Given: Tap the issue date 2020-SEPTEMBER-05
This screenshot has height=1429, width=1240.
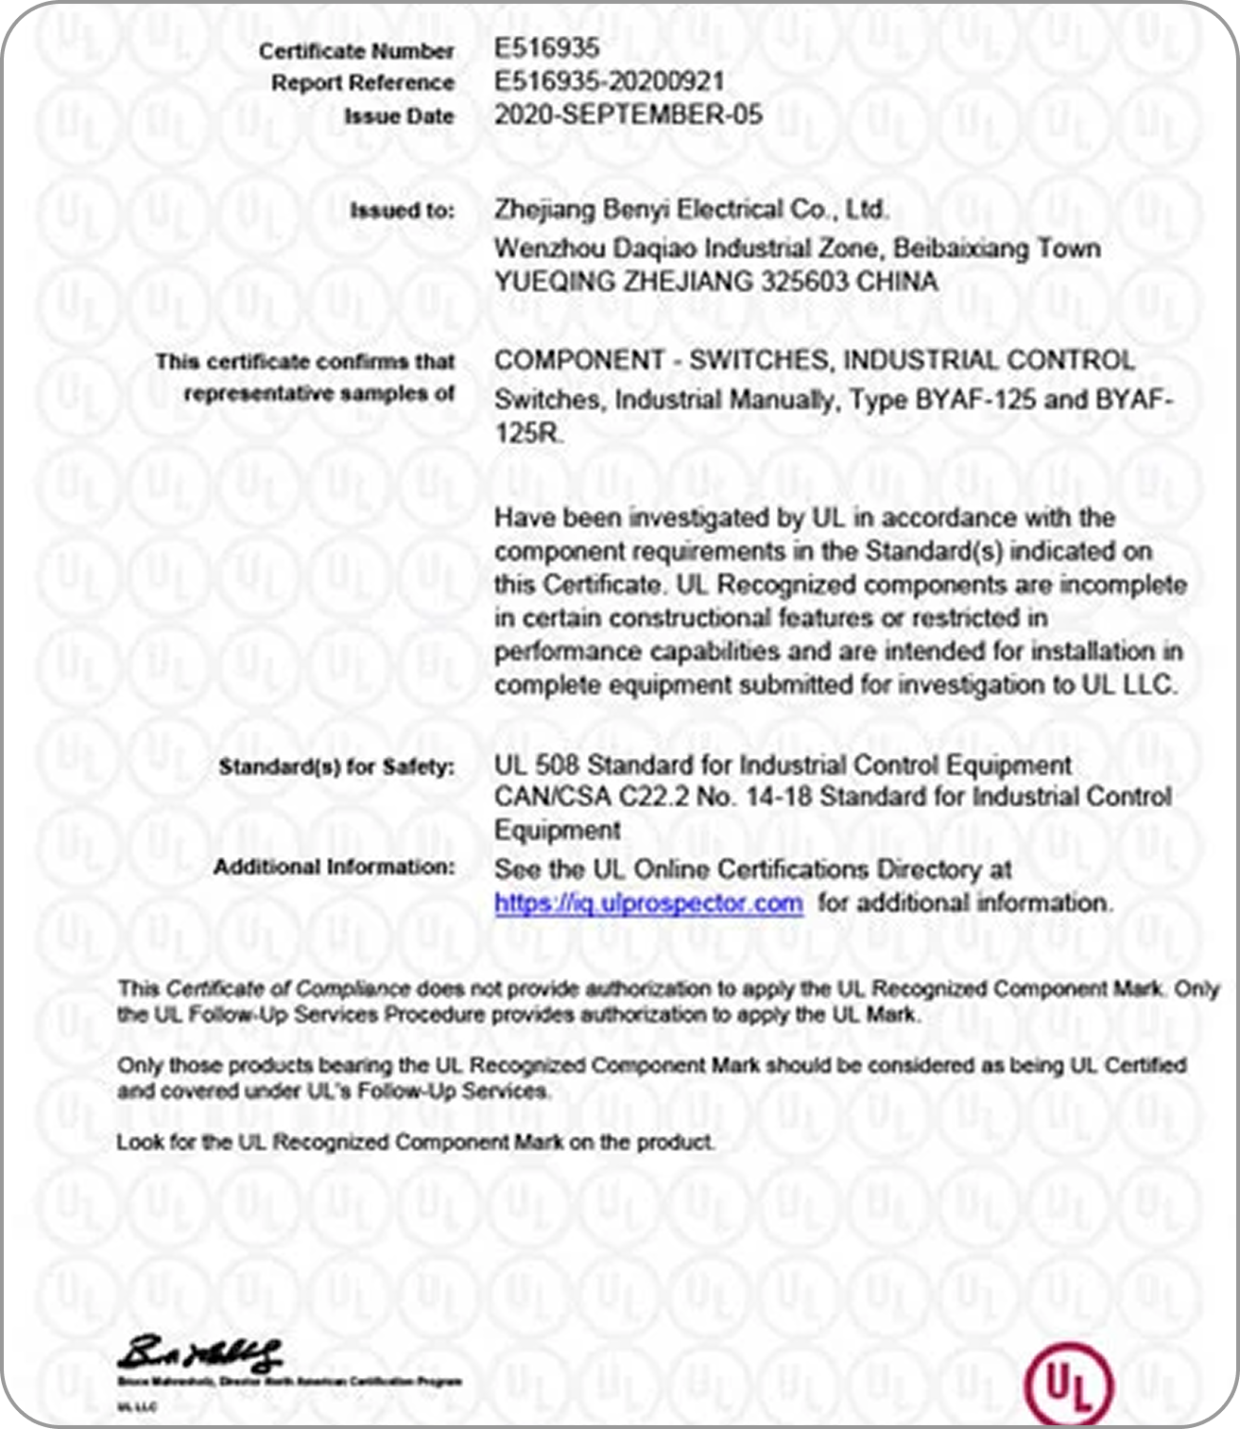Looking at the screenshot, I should pyautogui.click(x=628, y=115).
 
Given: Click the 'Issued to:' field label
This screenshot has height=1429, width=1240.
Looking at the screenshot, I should pyautogui.click(x=402, y=210).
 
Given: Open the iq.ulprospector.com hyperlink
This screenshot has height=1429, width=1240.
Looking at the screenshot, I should pyautogui.click(x=648, y=903).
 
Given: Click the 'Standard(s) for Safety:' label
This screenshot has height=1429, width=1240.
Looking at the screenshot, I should pyautogui.click(x=336, y=766).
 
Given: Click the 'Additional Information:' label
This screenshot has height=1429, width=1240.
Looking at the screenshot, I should pyautogui.click(x=334, y=867).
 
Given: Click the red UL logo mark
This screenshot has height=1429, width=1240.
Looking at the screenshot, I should pyautogui.click(x=1069, y=1385).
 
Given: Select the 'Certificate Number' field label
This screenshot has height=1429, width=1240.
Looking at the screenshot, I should pyautogui.click(x=356, y=51).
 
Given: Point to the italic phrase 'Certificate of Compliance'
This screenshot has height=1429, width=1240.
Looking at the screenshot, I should pyautogui.click(x=288, y=990).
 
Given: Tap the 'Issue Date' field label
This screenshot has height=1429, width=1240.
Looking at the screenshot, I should pyautogui.click(x=398, y=116).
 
